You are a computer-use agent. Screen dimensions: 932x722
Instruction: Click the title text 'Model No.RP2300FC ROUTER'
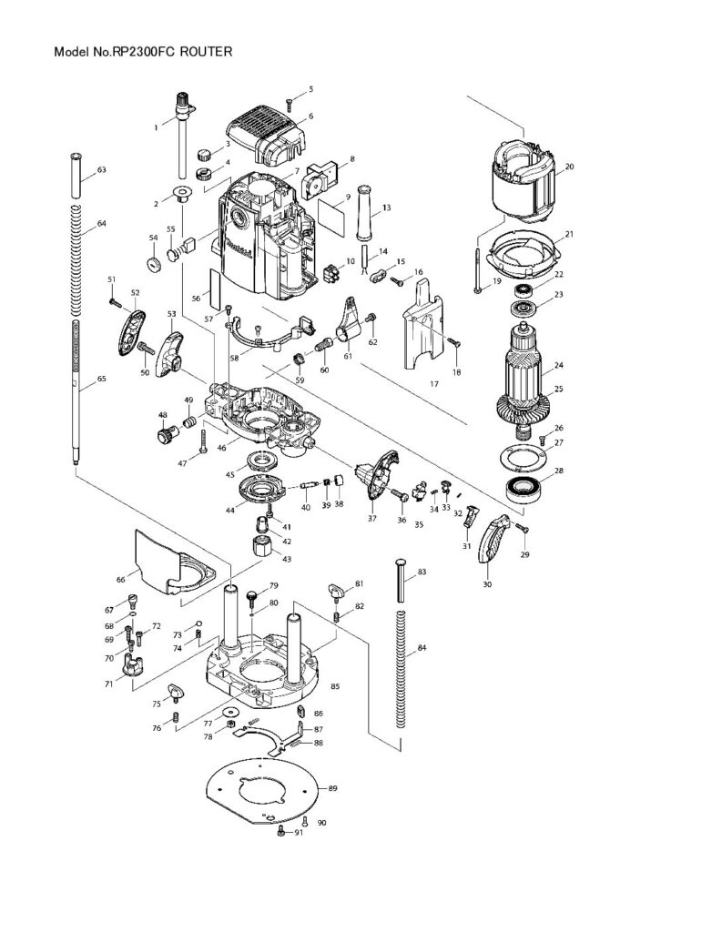pyautogui.click(x=143, y=53)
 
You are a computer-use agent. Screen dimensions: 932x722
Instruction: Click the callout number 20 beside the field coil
pyautogui.click(x=570, y=167)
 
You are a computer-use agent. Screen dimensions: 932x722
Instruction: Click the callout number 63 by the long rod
pyautogui.click(x=101, y=170)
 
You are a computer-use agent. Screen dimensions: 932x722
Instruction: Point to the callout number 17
pyautogui.click(x=434, y=384)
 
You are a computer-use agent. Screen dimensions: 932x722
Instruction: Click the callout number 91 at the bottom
pyautogui.click(x=298, y=833)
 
